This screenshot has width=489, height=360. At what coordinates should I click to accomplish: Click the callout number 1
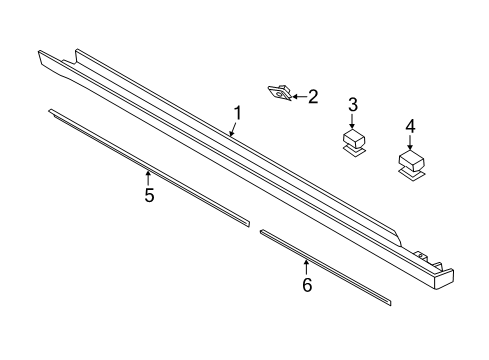(x=238, y=112)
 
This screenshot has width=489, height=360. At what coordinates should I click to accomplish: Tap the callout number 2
(x=312, y=97)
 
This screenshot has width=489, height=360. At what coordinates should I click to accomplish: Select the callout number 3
(x=352, y=104)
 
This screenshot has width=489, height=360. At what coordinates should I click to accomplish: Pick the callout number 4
(x=410, y=126)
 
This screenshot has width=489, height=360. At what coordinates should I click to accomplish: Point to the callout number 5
(x=149, y=195)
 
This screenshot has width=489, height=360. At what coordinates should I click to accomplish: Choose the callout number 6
(x=307, y=285)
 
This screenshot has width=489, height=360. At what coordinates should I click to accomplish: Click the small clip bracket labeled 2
(x=280, y=94)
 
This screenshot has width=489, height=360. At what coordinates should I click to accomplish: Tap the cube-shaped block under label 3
(x=353, y=137)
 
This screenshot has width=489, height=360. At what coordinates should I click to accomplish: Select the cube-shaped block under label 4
(x=411, y=160)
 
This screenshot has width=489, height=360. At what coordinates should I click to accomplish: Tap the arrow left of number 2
(x=298, y=97)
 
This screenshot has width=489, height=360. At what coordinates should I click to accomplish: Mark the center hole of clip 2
(x=279, y=94)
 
